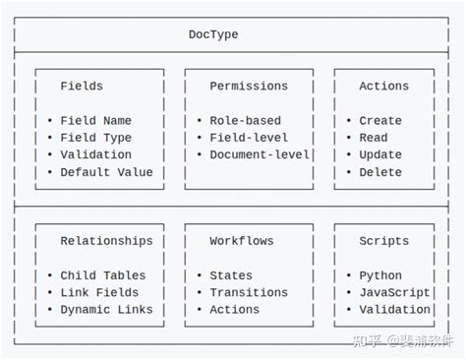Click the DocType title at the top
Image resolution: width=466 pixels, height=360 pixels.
[x=213, y=34]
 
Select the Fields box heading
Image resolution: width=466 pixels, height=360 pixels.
[x=82, y=86]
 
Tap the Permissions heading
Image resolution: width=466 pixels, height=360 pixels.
[x=249, y=86]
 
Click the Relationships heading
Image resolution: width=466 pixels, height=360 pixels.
[x=106, y=240]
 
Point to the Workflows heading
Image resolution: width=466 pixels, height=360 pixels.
[x=241, y=240]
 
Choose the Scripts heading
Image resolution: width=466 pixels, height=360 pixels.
[x=383, y=240]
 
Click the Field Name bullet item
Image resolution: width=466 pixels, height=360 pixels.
[x=95, y=121]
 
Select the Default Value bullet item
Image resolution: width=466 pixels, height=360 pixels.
[x=106, y=172]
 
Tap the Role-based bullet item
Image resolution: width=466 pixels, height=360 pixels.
[x=245, y=121]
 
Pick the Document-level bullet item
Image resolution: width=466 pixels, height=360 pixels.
[x=260, y=154]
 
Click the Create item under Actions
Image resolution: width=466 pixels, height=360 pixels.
[x=380, y=121]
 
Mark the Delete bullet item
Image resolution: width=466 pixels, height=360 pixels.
[x=380, y=172]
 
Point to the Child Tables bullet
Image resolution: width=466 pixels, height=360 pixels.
[x=102, y=275]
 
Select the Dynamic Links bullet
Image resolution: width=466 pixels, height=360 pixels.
[x=106, y=310]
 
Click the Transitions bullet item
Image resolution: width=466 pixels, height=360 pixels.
[x=249, y=292]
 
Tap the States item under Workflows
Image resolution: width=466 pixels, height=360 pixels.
[x=231, y=275]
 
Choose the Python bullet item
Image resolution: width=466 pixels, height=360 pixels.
[x=380, y=275]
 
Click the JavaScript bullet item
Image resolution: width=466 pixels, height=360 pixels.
[x=394, y=292]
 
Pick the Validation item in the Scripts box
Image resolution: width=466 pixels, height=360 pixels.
[x=394, y=310]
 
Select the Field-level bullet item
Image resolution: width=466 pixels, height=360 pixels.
[x=249, y=138]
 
